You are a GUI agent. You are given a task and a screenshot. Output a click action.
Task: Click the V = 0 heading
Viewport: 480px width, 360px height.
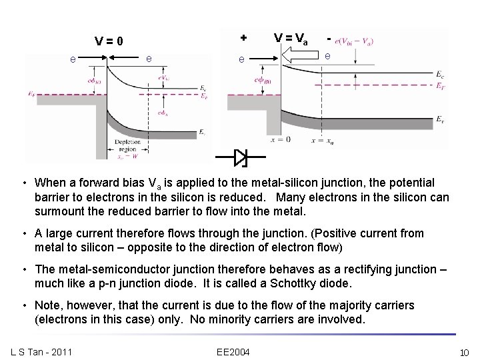point(109,41)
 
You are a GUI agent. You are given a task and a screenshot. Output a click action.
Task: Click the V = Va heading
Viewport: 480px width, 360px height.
point(291,39)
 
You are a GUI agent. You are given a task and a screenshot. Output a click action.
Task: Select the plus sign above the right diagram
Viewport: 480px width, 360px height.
point(243,36)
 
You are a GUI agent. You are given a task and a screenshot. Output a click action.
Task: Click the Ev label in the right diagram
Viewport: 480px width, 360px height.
point(441,119)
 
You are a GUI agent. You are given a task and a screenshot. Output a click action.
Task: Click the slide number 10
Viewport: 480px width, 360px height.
point(464,351)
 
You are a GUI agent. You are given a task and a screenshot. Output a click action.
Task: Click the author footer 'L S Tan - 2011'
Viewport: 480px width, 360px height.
point(41,351)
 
